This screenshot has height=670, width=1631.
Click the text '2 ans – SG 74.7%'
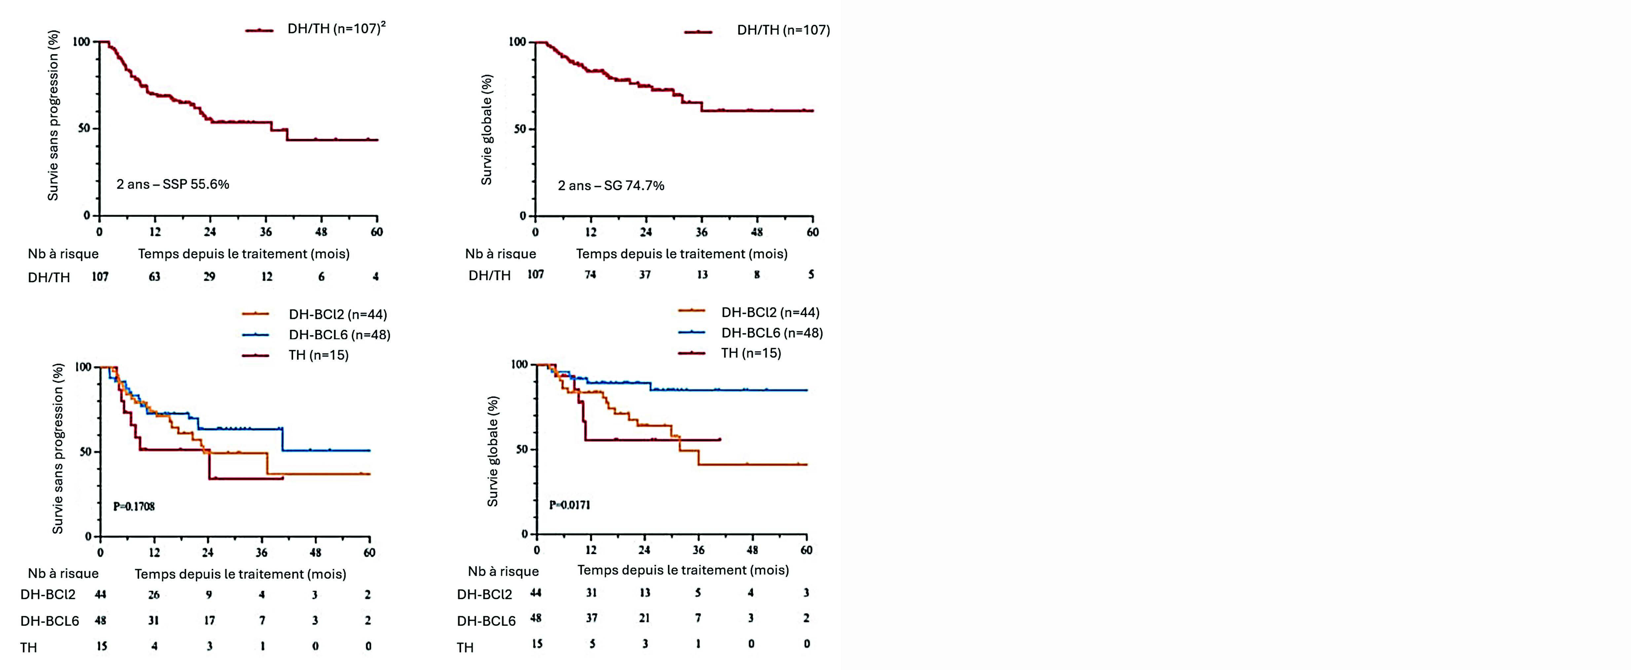point(611,185)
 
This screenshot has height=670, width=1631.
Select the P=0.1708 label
point(133,506)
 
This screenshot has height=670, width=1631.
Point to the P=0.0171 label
point(569,505)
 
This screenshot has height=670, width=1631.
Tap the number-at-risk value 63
point(155,276)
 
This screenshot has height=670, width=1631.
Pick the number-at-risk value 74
point(590,275)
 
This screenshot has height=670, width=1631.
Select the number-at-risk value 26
point(154,595)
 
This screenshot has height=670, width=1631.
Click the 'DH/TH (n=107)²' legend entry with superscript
point(336,28)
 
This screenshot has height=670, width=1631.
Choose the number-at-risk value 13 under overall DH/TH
point(702,275)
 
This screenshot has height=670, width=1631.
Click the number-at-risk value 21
point(645,618)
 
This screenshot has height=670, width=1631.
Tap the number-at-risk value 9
point(209,595)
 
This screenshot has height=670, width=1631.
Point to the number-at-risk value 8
point(757,275)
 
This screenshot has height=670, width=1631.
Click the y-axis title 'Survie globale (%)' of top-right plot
point(486,130)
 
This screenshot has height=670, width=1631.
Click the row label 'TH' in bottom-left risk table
point(28,647)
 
